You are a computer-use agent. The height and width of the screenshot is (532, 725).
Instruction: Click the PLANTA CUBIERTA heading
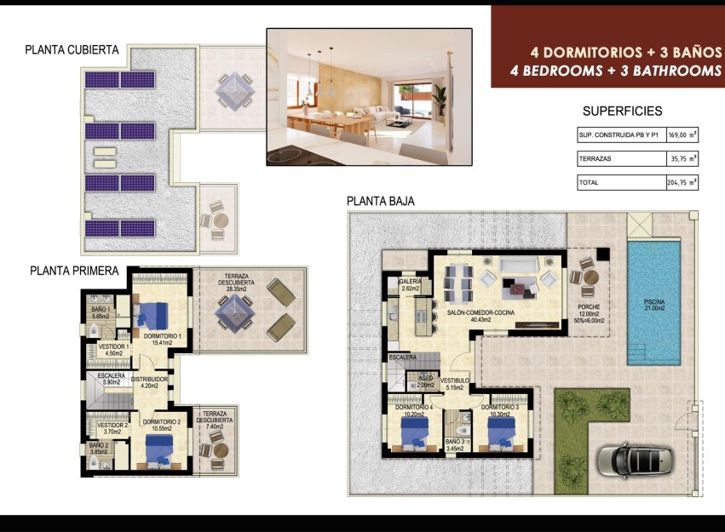tap(72, 50)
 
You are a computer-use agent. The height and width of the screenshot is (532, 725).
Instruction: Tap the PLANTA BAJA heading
tap(381, 201)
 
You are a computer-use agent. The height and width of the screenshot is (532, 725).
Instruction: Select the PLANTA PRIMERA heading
tap(73, 272)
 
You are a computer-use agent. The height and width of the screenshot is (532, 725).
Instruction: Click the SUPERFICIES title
tap(622, 112)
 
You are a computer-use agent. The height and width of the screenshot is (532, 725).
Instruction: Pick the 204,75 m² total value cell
tap(682, 182)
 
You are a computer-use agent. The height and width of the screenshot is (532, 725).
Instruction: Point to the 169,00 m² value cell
tap(682, 134)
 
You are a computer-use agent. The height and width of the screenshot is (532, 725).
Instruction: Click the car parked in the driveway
tap(635, 460)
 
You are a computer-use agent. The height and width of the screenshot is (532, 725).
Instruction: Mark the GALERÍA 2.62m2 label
tap(410, 285)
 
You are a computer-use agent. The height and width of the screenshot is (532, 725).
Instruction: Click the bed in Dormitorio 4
tap(414, 431)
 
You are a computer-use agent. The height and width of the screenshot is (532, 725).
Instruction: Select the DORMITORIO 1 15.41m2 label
tap(161, 339)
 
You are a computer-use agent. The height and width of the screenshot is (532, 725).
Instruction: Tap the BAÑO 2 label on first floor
tap(100, 449)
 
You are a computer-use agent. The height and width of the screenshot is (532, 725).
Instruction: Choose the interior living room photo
tap(369, 96)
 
